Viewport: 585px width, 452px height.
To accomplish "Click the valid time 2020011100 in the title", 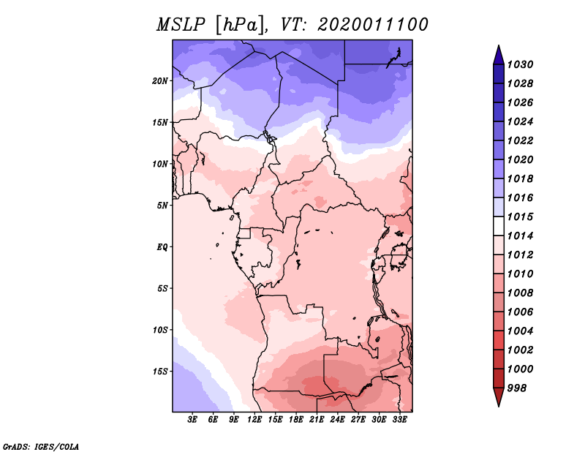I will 372,25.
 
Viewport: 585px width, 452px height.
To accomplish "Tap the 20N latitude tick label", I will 160,80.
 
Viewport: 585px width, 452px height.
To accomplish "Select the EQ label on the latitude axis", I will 162,246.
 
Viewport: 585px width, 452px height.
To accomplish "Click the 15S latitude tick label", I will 160,371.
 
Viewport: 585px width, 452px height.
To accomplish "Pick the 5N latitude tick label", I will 162,205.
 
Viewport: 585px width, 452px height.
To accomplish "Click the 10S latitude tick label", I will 160,330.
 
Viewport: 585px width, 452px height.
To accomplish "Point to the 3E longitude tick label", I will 193,421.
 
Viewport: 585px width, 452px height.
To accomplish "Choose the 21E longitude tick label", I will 317,421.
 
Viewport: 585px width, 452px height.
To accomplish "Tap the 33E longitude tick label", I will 400,421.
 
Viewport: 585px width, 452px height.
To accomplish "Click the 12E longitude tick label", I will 255,421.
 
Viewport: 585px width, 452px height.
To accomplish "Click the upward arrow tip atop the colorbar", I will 498,48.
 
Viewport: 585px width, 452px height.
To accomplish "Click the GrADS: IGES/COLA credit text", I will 40,445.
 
